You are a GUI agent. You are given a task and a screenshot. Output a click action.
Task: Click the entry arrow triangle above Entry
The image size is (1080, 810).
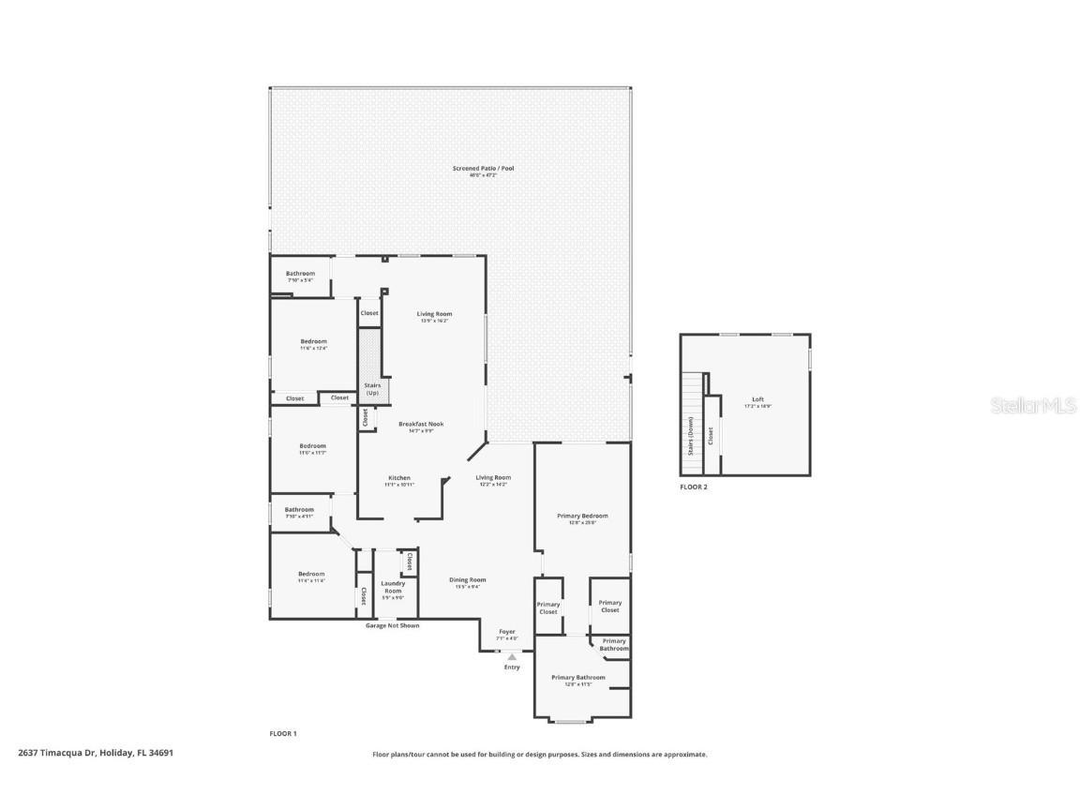pyautogui.click(x=512, y=657)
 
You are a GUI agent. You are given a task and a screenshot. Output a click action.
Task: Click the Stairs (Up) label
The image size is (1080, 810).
pyautogui.click(x=372, y=388)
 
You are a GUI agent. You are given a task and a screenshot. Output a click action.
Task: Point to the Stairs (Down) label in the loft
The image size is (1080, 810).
pyautogui.click(x=692, y=436)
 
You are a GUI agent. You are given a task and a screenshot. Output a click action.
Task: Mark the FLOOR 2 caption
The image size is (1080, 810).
pyautogui.click(x=694, y=487)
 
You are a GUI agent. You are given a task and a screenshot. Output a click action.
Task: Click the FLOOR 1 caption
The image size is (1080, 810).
pyautogui.click(x=283, y=733)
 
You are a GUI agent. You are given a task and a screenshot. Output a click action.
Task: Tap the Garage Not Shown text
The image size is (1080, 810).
pyautogui.click(x=392, y=625)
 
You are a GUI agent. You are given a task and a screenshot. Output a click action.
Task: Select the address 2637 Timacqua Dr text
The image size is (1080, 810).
pyautogui.click(x=96, y=752)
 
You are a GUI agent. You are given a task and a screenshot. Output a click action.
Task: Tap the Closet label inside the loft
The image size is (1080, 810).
pyautogui.click(x=712, y=435)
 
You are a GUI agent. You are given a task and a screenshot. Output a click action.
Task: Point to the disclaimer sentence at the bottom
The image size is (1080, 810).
pyautogui.click(x=539, y=754)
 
